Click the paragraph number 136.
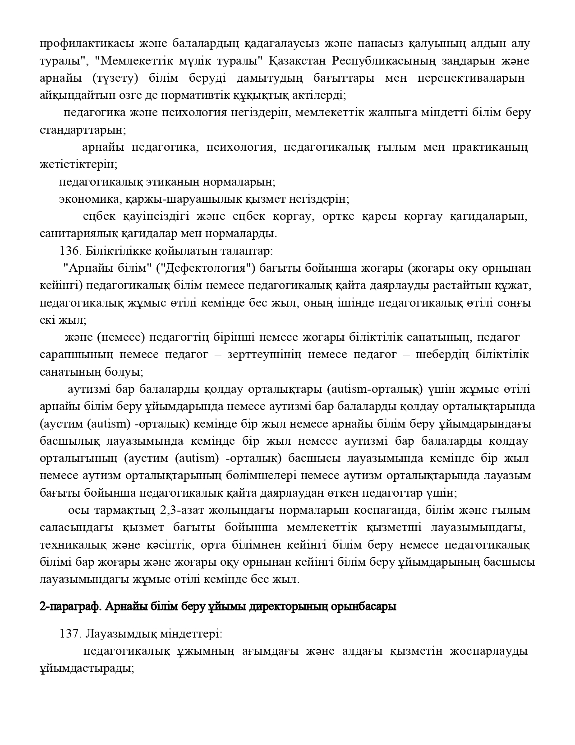tap(70, 251)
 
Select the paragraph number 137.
tap(70, 634)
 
